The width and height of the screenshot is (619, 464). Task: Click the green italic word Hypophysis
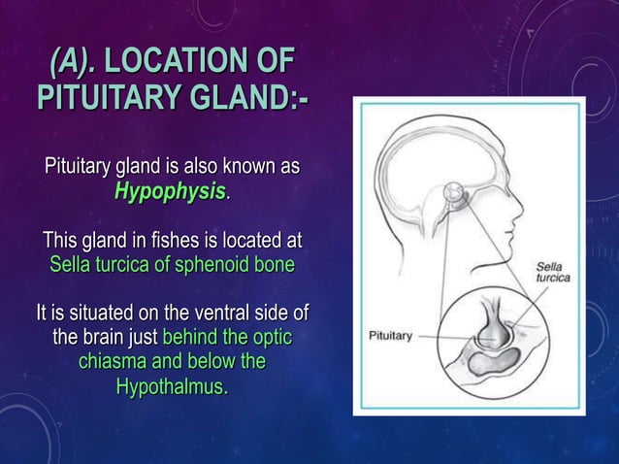(170, 191)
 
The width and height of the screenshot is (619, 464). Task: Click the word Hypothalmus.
(171, 387)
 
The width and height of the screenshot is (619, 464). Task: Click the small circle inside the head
(453, 194)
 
